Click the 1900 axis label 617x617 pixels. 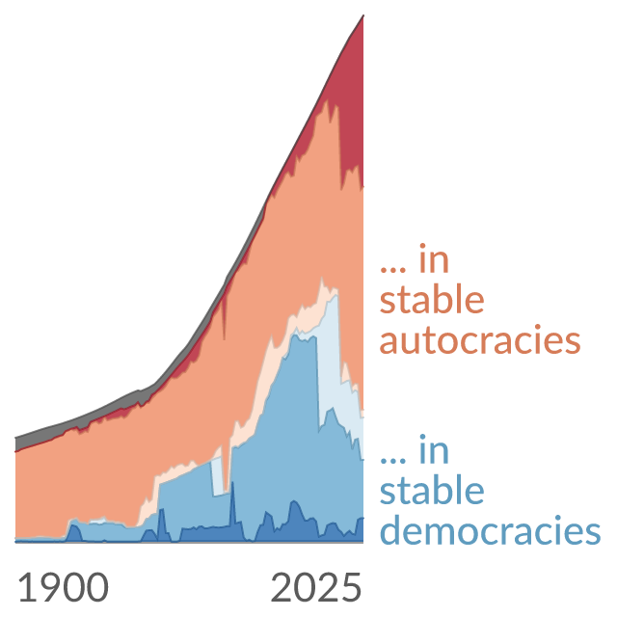click(64, 587)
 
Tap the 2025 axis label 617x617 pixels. click(316, 587)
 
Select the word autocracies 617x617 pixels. click(480, 340)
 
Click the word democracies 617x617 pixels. click(491, 529)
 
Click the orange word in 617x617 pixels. click(434, 258)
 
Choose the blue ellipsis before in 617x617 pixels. click(392, 460)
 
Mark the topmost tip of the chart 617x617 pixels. click(363, 15)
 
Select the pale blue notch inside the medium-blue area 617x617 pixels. click(217, 477)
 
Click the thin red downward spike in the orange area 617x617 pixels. click(224, 315)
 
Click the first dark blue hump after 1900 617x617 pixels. click(74, 533)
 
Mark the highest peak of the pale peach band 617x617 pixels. click(322, 282)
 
